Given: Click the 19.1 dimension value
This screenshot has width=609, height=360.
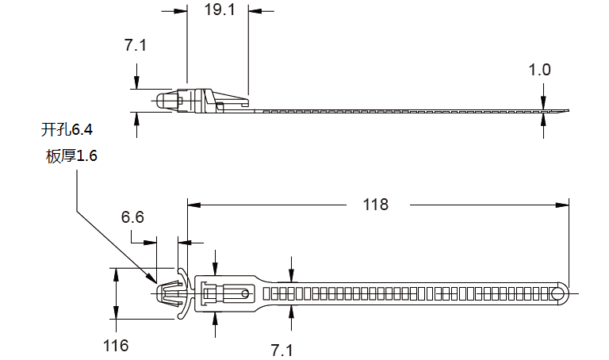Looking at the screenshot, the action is pyautogui.click(x=220, y=10).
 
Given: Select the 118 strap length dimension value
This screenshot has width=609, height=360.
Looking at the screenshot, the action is pyautogui.click(x=376, y=205).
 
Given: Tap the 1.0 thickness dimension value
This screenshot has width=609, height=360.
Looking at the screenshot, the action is pyautogui.click(x=539, y=70).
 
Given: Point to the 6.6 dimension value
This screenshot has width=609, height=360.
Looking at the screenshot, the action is pyautogui.click(x=132, y=217).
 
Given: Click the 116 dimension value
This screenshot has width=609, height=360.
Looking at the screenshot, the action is pyautogui.click(x=116, y=345).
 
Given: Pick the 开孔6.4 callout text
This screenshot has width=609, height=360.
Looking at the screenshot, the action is pyautogui.click(x=67, y=129).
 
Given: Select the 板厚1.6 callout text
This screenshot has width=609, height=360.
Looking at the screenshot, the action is pyautogui.click(x=71, y=155).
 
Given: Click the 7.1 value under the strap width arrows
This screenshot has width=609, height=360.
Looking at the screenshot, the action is pyautogui.click(x=282, y=350).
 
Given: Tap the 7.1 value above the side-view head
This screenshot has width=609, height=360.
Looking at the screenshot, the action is pyautogui.click(x=136, y=45).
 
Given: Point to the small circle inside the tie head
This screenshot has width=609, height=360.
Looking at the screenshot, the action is pyautogui.click(x=245, y=293).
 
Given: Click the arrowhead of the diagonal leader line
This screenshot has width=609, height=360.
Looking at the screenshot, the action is pyautogui.click(x=152, y=278).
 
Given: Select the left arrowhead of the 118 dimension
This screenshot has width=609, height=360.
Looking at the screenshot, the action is pyautogui.click(x=194, y=205).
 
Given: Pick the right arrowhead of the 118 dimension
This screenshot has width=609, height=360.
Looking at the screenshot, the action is pyautogui.click(x=562, y=205).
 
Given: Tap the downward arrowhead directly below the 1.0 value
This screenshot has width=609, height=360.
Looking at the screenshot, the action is pyautogui.click(x=543, y=102).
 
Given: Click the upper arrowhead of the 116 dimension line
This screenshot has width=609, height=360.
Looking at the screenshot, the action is pyautogui.click(x=116, y=274).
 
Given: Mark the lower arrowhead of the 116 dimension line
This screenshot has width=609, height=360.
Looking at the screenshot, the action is pyautogui.click(x=116, y=312).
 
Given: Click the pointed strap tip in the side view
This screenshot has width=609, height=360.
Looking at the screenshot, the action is pyautogui.click(x=568, y=111).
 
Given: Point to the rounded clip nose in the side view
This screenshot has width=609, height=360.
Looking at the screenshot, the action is pyautogui.click(x=160, y=101).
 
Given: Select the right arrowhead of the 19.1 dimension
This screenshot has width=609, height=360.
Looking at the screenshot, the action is pyautogui.click(x=255, y=11).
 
